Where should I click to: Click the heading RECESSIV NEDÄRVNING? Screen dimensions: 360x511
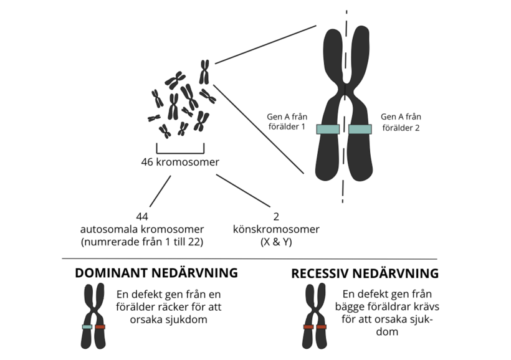(365, 273)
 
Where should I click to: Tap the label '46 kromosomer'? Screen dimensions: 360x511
(179, 163)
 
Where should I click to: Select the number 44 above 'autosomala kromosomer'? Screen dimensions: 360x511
(141, 217)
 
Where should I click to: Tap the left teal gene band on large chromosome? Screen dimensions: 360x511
(328, 129)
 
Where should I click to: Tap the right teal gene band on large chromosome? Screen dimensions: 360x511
(360, 129)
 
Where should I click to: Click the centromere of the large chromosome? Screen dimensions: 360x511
(345, 83)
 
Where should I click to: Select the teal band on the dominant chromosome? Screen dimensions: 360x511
(87, 326)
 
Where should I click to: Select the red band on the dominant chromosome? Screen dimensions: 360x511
(100, 326)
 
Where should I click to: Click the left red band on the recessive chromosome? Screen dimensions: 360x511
(308, 326)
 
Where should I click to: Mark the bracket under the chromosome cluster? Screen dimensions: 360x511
(180, 150)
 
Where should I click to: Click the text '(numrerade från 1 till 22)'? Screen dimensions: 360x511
(142, 242)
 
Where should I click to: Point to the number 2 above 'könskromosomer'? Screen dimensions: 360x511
(276, 217)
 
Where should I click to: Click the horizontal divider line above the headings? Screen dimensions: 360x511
(249, 258)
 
